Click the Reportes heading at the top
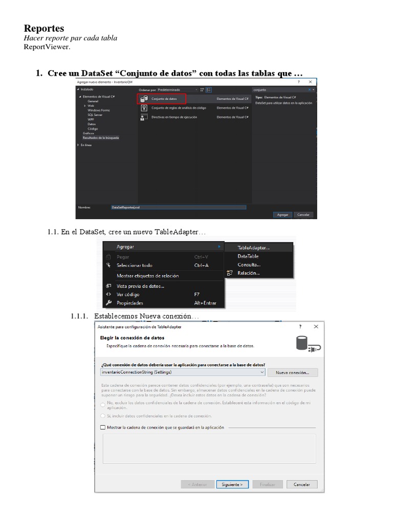pyautogui.click(x=44, y=28)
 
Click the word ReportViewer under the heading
pyautogui.click(x=47, y=47)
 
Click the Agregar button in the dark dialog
pyautogui.click(x=283, y=215)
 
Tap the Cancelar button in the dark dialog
pyautogui.click(x=304, y=215)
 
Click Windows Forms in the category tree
pyautogui.click(x=99, y=110)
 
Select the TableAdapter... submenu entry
pyautogui.click(x=253, y=248)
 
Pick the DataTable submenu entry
pyautogui.click(x=248, y=256)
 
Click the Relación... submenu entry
pyautogui.click(x=248, y=273)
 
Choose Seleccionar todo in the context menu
pyautogui.click(x=134, y=266)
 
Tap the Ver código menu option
pyautogui.click(x=128, y=294)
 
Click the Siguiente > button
pyautogui.click(x=232, y=484)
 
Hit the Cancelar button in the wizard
pyautogui.click(x=302, y=484)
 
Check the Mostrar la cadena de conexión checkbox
pyautogui.click(x=103, y=427)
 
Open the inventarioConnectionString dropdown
pyautogui.click(x=262, y=373)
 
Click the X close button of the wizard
pyautogui.click(x=316, y=326)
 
